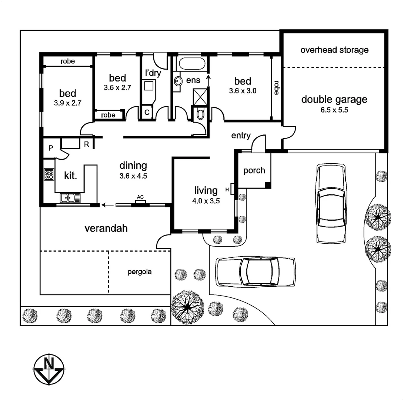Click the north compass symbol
tap(49, 369)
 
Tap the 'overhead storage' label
tap(334, 50)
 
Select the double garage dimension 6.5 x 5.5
tap(334, 110)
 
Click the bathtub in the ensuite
tap(192, 64)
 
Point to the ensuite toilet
tap(200, 113)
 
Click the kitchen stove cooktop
tap(49, 174)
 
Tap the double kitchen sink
tap(70, 198)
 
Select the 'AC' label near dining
tap(140, 197)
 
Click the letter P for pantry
tap(51, 148)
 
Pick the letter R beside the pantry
tap(87, 144)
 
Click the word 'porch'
tap(254, 171)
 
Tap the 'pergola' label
tap(140, 272)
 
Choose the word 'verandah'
tap(106, 229)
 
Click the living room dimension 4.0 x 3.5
tap(206, 201)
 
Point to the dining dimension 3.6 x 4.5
tap(133, 176)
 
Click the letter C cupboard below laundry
tap(147, 112)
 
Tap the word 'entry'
tap(241, 136)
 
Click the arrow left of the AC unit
tap(108, 205)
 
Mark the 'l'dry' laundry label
tap(153, 73)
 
